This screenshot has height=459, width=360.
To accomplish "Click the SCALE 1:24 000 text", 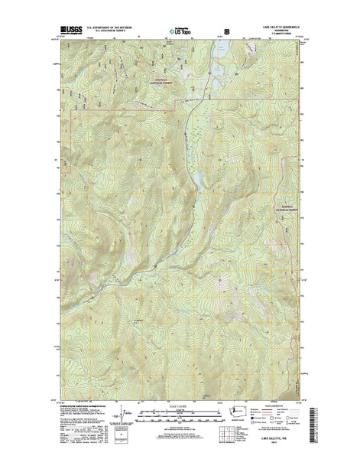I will [180, 405].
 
